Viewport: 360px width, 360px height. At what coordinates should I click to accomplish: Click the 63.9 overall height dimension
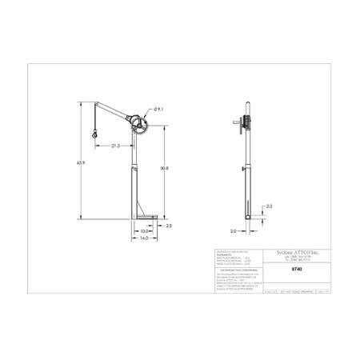tap(81, 163)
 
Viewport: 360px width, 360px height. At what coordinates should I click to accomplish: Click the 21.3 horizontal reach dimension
tap(116, 146)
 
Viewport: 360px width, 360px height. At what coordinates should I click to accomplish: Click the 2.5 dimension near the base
tap(169, 226)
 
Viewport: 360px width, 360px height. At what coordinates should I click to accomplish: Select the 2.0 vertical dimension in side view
tap(269, 206)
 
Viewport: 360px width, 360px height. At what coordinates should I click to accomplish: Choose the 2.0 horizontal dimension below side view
tap(233, 231)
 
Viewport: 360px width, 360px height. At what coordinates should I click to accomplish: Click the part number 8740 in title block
tap(274, 270)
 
